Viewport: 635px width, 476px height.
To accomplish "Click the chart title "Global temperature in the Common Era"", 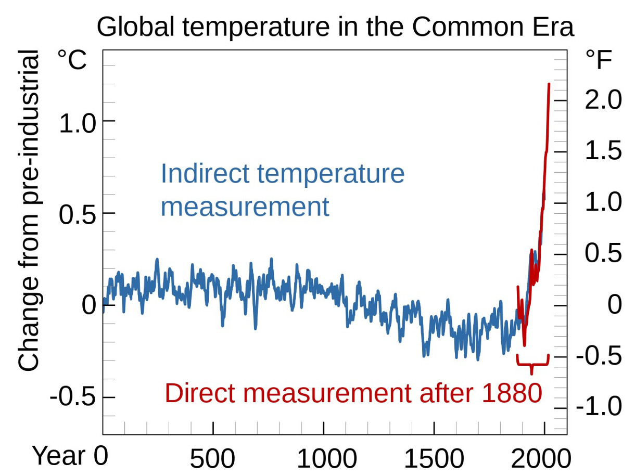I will pos(335,27).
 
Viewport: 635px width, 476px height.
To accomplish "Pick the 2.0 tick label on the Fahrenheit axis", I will pos(603,100).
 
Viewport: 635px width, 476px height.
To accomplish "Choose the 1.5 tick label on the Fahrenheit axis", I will pos(603,151).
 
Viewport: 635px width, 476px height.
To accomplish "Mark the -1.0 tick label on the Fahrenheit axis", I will pos(599,406).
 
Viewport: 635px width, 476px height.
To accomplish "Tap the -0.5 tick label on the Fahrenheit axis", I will pos(599,356).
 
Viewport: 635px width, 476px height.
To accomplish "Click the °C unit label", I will pos(72,60).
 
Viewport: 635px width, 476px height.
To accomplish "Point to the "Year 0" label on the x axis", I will pos(70,456).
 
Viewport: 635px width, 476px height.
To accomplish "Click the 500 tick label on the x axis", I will pos(212,459).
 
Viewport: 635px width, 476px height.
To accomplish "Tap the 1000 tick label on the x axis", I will pos(326,459).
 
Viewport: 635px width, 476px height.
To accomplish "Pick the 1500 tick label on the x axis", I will pos(434,459).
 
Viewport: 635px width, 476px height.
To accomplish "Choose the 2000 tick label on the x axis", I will pos(541,459).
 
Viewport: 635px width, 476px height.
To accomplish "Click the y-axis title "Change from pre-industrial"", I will pos(29,211).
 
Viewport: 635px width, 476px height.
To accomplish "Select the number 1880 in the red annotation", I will pos(512,394).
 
